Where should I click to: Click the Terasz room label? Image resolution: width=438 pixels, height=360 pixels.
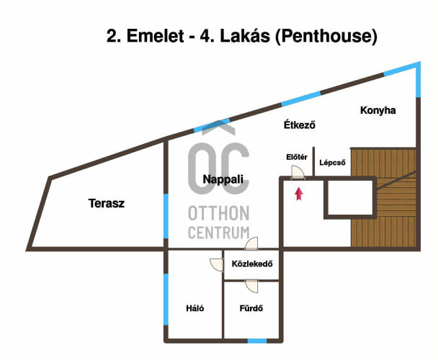tap(107, 204)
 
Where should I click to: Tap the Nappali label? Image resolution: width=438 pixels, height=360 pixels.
tap(223, 179)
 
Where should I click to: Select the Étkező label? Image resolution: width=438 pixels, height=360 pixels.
tap(300, 125)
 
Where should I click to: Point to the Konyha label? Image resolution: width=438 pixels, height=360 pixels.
tap(378, 110)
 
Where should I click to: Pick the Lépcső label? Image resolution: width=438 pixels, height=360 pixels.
tap(333, 163)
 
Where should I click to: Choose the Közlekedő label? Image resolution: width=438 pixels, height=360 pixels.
tap(252, 264)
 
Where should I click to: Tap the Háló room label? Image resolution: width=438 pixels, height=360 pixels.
tap(195, 309)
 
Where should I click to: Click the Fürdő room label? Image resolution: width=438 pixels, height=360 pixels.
tap(251, 310)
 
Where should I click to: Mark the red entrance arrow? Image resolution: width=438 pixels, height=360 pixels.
tap(299, 192)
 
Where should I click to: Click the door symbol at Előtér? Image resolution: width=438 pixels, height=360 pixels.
tap(296, 172)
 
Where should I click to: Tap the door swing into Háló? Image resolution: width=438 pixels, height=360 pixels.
tap(217, 264)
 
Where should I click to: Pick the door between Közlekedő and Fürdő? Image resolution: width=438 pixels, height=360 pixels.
tap(251, 286)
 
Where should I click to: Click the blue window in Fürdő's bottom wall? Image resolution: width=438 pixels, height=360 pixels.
tap(257, 340)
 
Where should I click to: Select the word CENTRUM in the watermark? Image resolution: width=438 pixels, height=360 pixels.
tap(218, 233)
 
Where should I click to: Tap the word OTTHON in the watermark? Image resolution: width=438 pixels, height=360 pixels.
tap(218, 214)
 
